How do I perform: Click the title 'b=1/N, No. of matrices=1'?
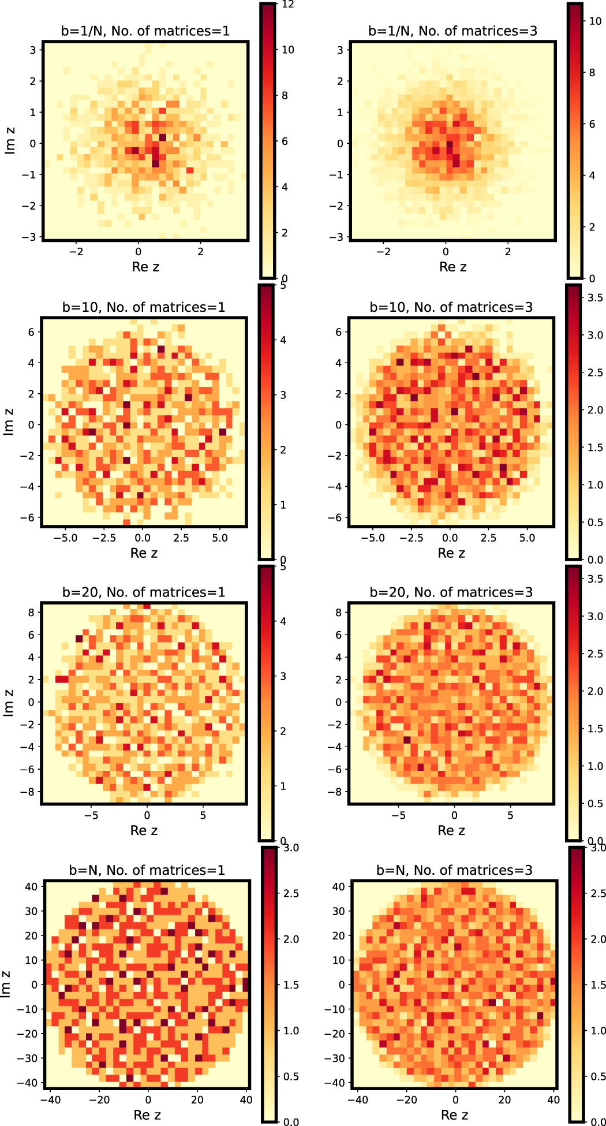click(145, 31)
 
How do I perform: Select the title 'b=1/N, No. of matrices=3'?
click(453, 31)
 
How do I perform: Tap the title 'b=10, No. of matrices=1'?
click(144, 307)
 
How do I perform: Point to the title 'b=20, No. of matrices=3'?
click(451, 592)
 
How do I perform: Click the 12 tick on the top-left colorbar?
click(288, 5)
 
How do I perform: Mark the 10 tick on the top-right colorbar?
click(595, 21)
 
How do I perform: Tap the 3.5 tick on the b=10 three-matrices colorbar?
click(594, 298)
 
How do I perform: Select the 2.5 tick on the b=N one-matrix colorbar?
click(291, 893)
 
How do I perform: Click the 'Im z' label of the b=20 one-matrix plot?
click(9, 703)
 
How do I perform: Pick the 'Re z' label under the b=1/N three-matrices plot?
click(453, 267)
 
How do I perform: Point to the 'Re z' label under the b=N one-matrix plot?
click(147, 1114)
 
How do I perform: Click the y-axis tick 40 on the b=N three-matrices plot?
click(338, 886)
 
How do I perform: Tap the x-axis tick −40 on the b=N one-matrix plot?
click(51, 1099)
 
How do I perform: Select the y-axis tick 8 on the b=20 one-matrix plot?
click(31, 612)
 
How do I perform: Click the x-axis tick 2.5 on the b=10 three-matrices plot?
click(488, 538)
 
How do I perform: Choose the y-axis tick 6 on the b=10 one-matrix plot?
click(31, 332)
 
